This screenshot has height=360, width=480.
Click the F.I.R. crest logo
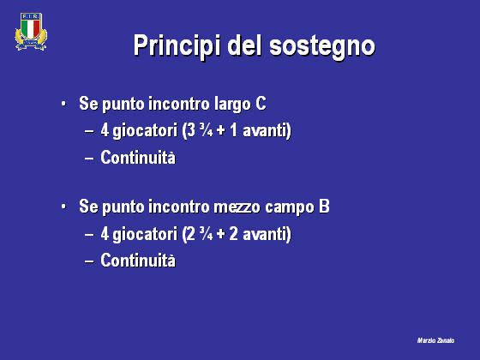[31, 32]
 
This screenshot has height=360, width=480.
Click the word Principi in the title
[177, 45]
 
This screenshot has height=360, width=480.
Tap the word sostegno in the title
[322, 47]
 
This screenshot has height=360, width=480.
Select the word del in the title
[244, 45]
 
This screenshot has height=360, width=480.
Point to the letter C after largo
[261, 103]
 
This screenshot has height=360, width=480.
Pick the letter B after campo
[324, 206]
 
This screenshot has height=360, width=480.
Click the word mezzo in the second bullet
[237, 207]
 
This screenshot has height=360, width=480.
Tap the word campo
[290, 207]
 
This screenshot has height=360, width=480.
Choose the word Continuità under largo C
[138, 158]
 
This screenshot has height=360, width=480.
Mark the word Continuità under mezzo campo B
[138, 261]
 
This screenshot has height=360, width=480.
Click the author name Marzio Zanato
[436, 340]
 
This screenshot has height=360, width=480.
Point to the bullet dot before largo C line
[63, 104]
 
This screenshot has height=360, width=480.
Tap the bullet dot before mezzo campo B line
[63, 207]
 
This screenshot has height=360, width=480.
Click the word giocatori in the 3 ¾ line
[145, 131]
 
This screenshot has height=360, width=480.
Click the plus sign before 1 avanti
[221, 130]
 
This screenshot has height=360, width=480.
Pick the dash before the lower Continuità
[89, 261]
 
